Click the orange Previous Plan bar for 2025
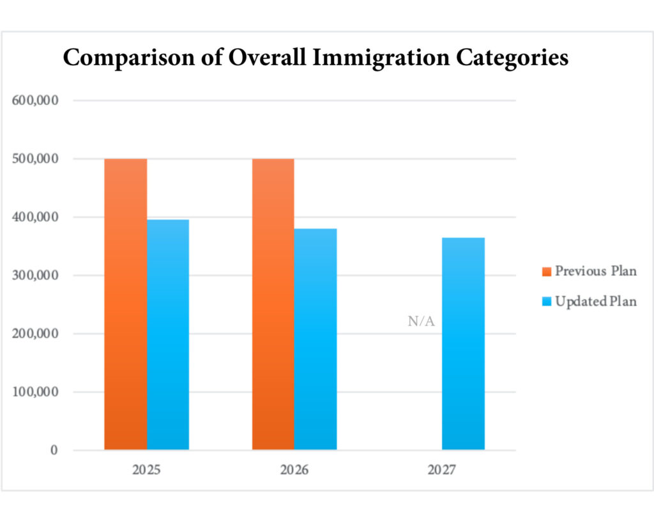(125, 304)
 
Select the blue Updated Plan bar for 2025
(168, 335)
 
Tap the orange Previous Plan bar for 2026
(273, 304)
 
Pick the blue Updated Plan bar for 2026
(316, 339)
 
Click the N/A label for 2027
(421, 322)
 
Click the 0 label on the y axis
(54, 450)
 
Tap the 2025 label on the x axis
(146, 471)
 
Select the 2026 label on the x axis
(294, 471)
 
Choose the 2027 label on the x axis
(442, 471)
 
